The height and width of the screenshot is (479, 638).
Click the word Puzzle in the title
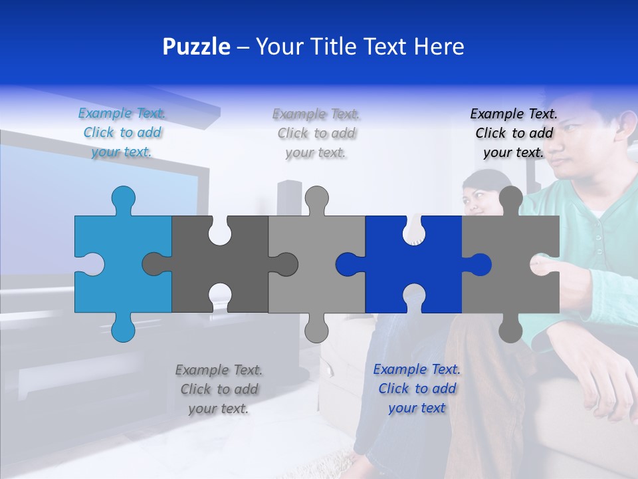197,47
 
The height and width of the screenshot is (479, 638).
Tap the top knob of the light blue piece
123,198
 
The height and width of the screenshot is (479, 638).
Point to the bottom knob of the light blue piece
123,329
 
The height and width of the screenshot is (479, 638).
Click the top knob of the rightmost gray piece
510,198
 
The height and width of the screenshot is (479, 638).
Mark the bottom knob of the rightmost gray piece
510,329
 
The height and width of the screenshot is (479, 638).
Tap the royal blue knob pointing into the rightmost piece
480,265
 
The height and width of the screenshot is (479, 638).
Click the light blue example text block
122,132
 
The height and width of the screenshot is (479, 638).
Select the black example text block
514,133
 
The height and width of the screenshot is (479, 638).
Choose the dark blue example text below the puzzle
417,389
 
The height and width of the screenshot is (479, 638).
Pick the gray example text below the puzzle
219,389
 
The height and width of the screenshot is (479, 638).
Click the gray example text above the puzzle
316,133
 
